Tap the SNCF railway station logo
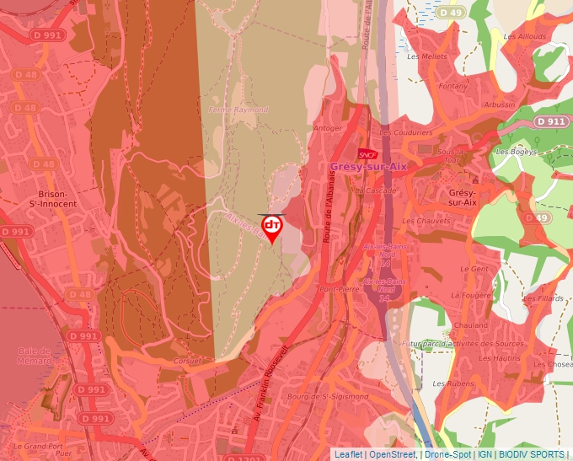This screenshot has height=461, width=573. [x=367, y=154]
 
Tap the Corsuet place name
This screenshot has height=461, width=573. [x=188, y=360]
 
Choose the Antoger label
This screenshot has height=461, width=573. [x=328, y=128]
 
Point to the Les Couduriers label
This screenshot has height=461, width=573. [x=406, y=132]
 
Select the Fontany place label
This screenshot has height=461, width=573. [x=453, y=86]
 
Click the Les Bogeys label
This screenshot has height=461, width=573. [x=517, y=152]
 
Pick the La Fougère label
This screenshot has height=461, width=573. [x=469, y=296]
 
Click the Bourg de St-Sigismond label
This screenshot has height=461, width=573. [x=328, y=396]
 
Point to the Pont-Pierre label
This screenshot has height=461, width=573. [x=340, y=288]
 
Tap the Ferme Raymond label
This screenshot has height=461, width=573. [x=238, y=110]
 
